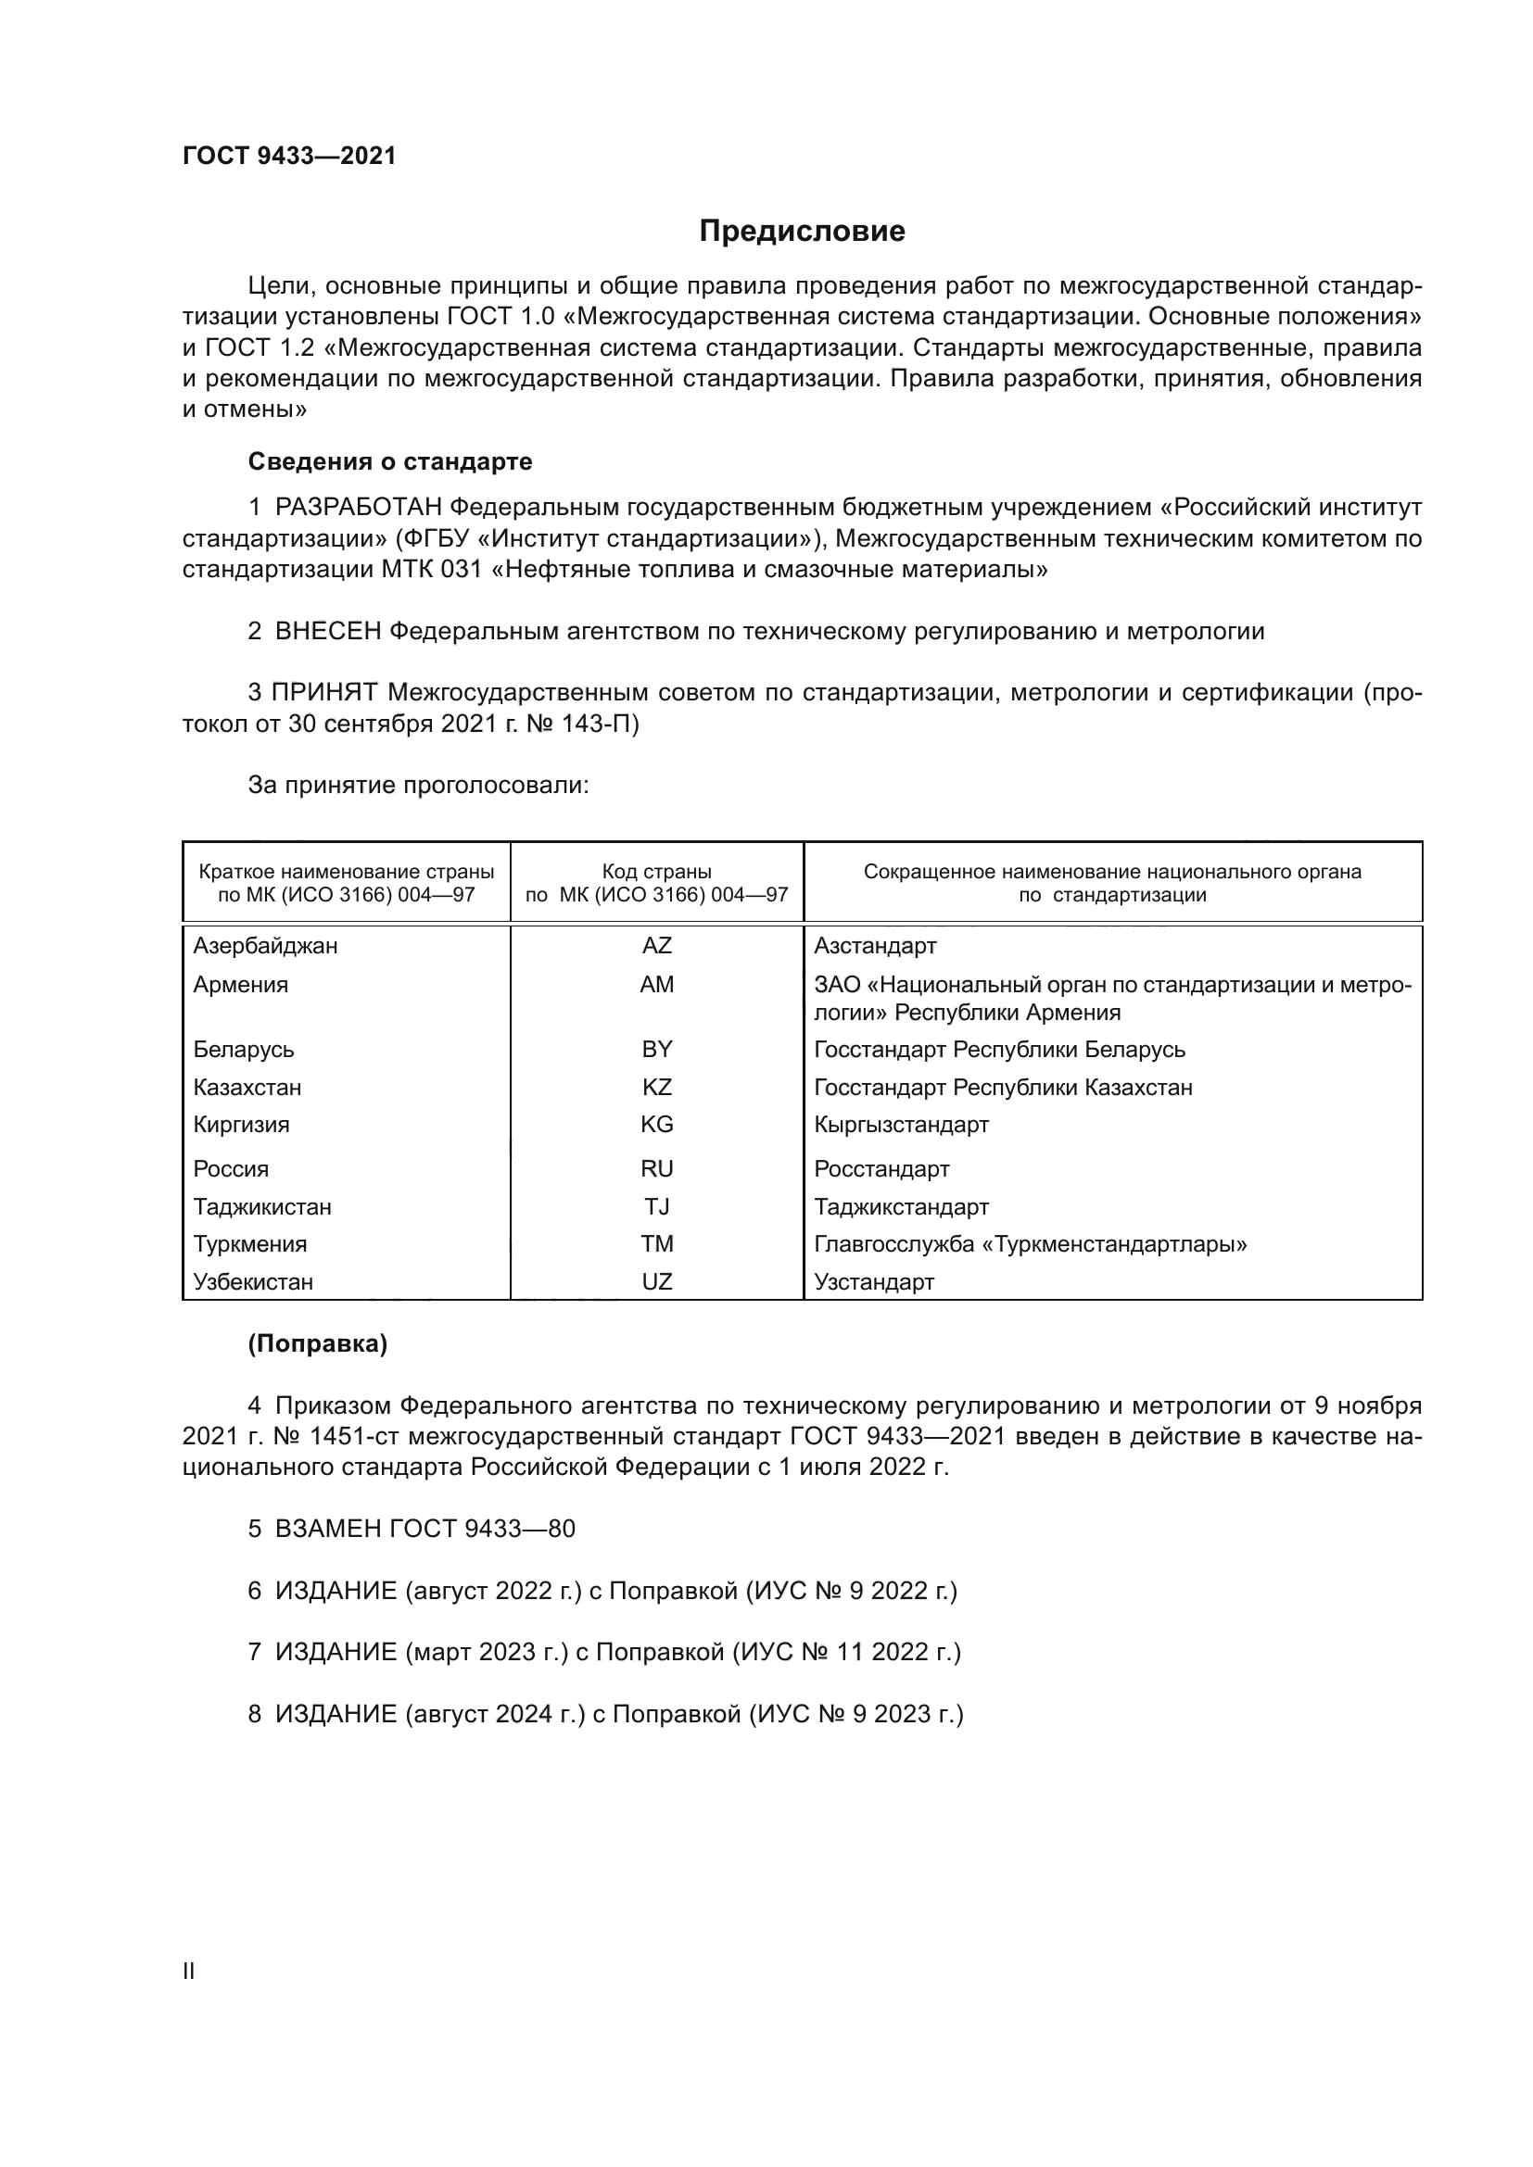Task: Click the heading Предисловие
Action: [802, 232]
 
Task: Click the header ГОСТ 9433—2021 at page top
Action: [289, 157]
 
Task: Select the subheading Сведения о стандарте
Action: [390, 461]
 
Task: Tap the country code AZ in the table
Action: [656, 946]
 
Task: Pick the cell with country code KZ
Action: [656, 1088]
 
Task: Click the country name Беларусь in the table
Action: [244, 1050]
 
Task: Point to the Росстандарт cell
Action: [881, 1169]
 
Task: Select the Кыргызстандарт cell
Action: [901, 1125]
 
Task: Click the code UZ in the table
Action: [656, 1281]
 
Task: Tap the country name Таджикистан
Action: [262, 1207]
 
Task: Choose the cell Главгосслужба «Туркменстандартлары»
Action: [1030, 1244]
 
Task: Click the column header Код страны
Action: [656, 872]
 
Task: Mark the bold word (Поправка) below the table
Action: [317, 1344]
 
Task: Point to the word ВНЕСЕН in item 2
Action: [327, 632]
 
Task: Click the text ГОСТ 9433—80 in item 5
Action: [481, 1529]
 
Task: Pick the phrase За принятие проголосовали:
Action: [418, 786]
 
